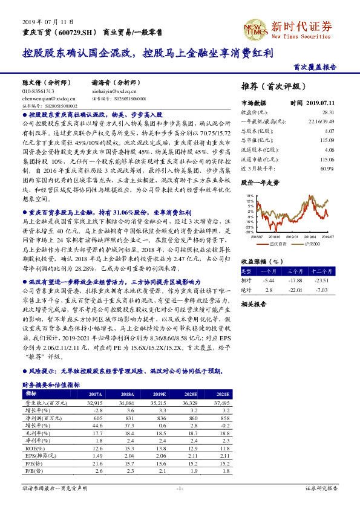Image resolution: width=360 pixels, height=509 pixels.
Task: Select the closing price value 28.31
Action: [328, 112]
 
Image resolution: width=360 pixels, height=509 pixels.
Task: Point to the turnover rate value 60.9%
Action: [327, 167]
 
